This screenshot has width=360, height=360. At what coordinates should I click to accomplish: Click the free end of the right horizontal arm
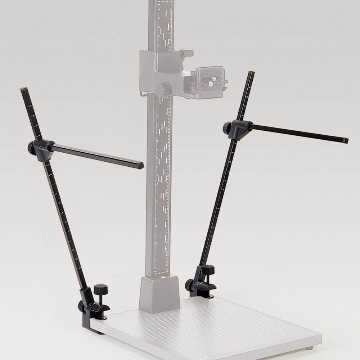(x=345, y=140)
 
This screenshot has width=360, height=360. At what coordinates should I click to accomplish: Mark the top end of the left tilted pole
(x=24, y=90)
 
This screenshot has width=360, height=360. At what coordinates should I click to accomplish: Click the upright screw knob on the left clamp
(x=98, y=289)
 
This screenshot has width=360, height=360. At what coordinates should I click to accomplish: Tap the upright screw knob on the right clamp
(x=208, y=269)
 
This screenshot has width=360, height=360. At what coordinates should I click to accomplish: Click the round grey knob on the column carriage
(x=165, y=88)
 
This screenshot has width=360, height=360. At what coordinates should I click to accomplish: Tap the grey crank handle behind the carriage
(x=187, y=54)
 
